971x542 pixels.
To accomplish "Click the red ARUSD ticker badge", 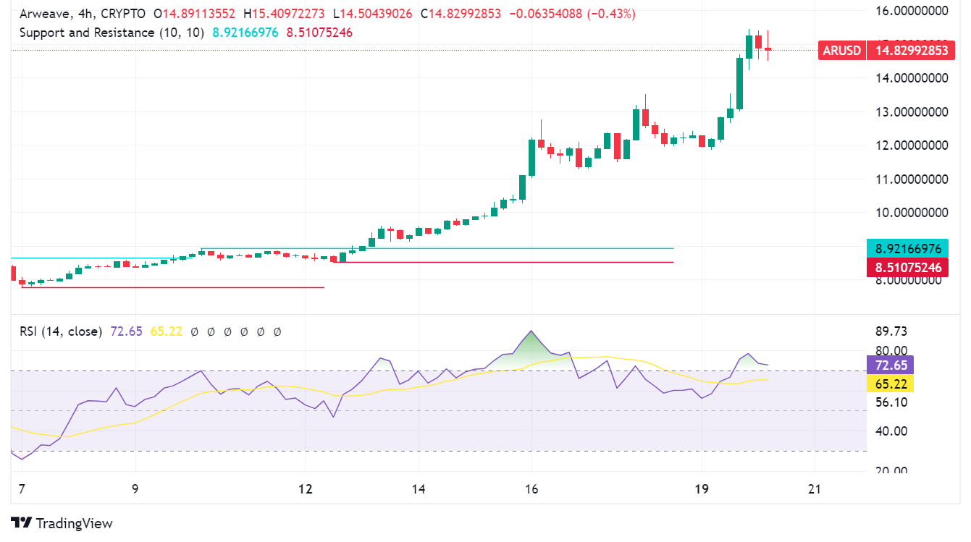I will tap(842, 51).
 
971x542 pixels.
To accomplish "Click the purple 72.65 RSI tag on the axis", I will tap(891, 365).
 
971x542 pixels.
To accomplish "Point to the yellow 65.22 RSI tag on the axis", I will tap(891, 384).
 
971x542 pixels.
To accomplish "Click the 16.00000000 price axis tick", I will tap(911, 11).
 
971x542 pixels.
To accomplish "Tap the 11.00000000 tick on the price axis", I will tap(911, 179).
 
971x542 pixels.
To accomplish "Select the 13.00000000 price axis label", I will tap(911, 112).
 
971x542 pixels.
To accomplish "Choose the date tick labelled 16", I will tap(531, 489).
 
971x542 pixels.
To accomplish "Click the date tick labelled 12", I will tap(306, 489).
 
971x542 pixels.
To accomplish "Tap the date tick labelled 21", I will tap(815, 489).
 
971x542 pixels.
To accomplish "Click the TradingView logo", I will tap(62, 523).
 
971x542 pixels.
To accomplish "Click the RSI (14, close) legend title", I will tap(62, 331).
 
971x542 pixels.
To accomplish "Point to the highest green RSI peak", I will tap(532, 332).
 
